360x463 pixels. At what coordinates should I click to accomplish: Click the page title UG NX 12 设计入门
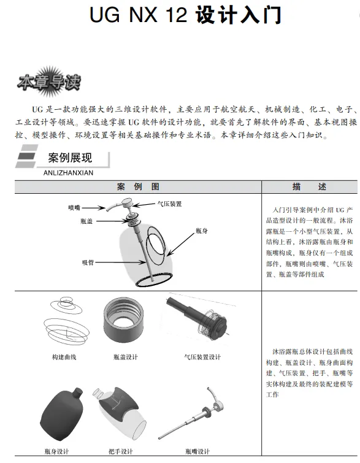click(185, 15)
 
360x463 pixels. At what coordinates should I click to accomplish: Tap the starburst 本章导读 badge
click(48, 82)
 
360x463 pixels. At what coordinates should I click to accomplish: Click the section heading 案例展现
click(70, 158)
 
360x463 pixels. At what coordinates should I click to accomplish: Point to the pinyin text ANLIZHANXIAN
click(68, 173)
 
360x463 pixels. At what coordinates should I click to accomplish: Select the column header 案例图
click(138, 186)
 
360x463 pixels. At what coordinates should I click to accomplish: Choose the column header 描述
click(309, 186)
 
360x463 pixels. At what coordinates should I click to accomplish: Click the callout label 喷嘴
click(74, 208)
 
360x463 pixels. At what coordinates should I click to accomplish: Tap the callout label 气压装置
click(169, 204)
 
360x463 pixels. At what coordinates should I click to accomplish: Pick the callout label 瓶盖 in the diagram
click(86, 221)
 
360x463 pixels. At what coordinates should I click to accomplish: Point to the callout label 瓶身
click(201, 231)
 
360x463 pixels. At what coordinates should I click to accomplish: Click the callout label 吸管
click(88, 262)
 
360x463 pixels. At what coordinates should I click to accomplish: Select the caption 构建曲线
click(64, 358)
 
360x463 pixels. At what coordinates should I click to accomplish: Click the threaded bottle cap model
click(123, 318)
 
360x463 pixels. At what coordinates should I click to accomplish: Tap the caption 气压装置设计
click(202, 358)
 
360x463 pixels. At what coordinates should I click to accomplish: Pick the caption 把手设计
click(120, 451)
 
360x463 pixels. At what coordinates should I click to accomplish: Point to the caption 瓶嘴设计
click(197, 451)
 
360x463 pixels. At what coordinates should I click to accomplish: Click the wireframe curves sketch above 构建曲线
click(66, 320)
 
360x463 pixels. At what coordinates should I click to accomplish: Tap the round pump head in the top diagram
click(128, 203)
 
